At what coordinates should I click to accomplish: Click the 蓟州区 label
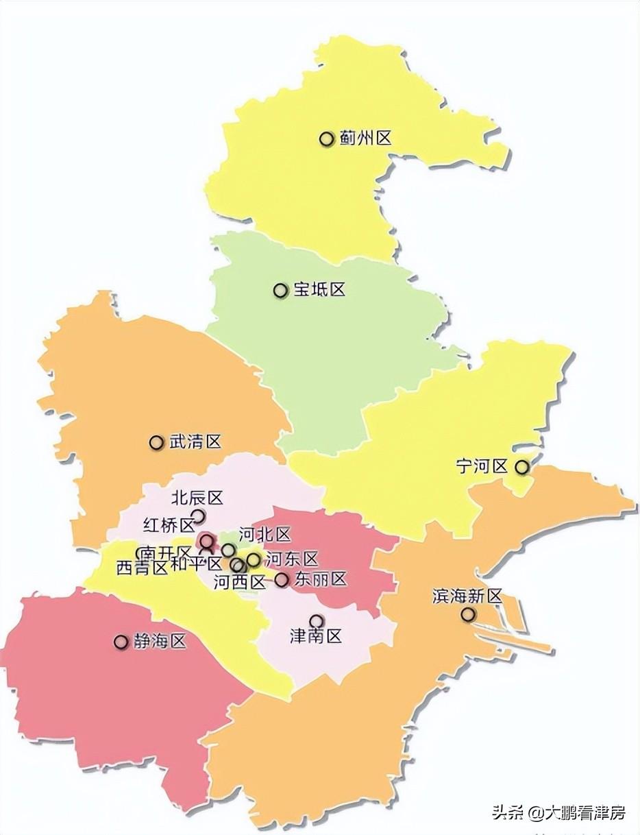pos(365,138)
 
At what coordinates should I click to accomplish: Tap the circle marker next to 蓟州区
pos(326,139)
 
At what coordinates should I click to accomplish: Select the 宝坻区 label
pos(319,290)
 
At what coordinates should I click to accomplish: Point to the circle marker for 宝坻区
pos(280,291)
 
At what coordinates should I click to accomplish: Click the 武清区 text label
pos(195,442)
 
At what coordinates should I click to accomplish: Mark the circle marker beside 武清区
pos(156,443)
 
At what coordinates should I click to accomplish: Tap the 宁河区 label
pos(481,467)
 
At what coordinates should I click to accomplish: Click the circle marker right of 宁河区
pos(521,468)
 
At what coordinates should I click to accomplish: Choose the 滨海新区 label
pos(467,596)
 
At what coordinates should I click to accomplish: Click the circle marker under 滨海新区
pos(467,614)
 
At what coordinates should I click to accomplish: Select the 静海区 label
pos(160,642)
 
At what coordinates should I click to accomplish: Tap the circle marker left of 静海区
pos(121,642)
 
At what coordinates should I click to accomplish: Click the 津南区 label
pos(316,637)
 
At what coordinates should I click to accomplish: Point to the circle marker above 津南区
pos(316,621)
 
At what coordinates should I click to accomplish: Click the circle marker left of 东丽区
pos(282,580)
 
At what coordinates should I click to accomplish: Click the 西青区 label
pos(142,568)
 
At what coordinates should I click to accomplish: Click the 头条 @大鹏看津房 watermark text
pos(558,813)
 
